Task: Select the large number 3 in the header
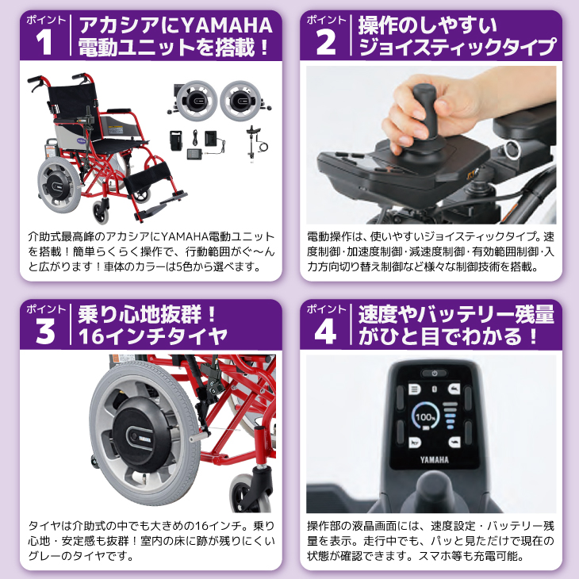(45, 332)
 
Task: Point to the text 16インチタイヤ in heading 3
(153, 338)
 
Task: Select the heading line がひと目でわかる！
(449, 338)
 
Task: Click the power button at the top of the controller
(433, 372)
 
